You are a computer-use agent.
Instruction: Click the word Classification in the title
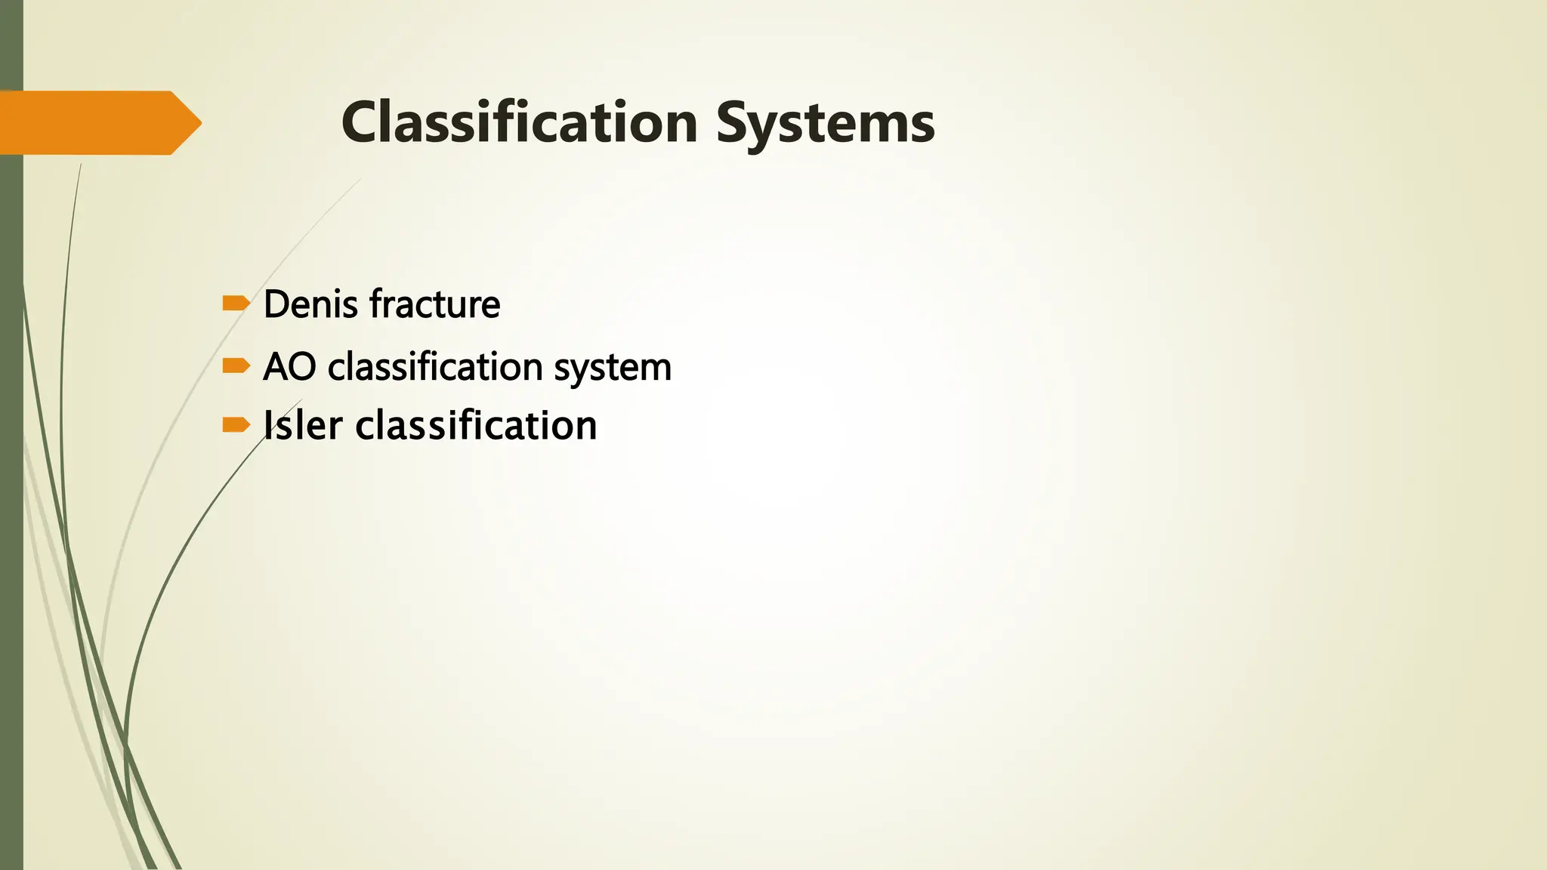pos(520,122)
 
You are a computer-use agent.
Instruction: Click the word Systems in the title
pos(826,124)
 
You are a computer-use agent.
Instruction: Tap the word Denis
pos(310,304)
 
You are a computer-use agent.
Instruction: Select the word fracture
pos(434,304)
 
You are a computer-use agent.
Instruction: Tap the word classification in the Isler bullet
pos(476,425)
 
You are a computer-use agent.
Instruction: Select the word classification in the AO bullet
pos(435,368)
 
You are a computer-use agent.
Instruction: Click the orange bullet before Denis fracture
pos(236,304)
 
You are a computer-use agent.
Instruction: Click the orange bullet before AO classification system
pos(236,366)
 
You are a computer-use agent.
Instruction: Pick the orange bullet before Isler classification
pos(236,425)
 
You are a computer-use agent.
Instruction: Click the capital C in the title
pos(361,122)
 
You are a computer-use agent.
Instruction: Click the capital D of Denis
pos(276,304)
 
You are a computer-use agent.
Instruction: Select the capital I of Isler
pos(267,425)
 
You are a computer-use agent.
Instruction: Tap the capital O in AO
pos(302,368)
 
